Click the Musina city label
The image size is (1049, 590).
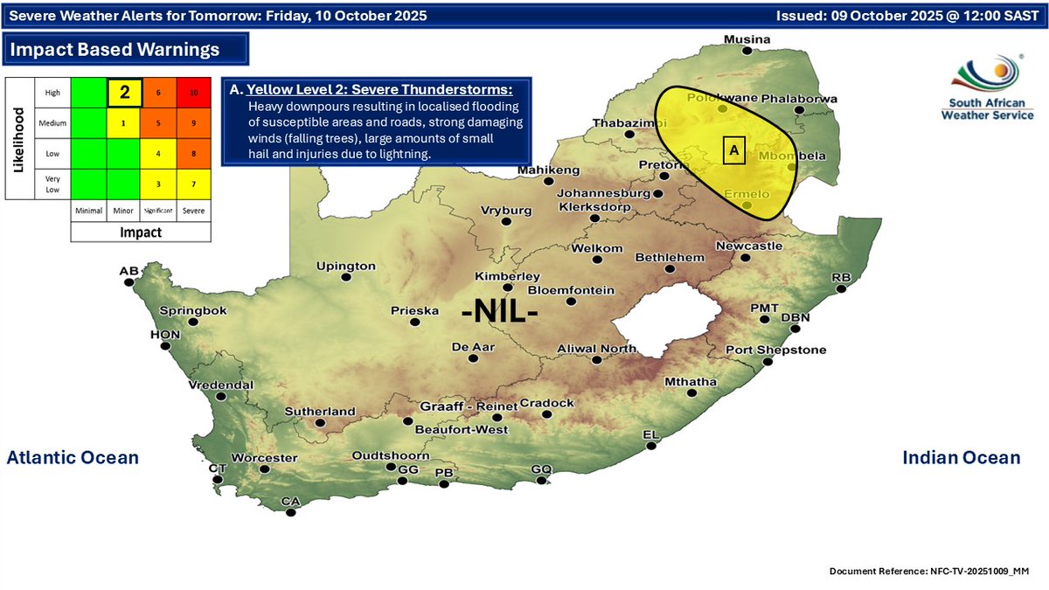[x=747, y=40]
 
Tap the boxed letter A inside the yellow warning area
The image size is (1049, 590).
[x=733, y=151]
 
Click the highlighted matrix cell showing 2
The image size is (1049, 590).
[x=124, y=92]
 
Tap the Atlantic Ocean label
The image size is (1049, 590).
[x=73, y=457]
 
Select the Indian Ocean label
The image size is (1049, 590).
[x=961, y=457]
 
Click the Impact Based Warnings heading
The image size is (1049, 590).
[x=115, y=50]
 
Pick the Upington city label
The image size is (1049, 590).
[x=345, y=266]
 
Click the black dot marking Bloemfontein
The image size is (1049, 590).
[x=571, y=302]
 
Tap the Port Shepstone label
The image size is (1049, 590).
[x=775, y=350]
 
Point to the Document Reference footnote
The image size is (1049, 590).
[x=929, y=571]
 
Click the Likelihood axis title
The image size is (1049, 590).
[x=17, y=137]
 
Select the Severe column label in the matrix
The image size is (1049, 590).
[x=192, y=211]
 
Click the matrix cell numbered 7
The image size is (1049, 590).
[x=192, y=184]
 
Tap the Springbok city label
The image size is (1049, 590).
[x=193, y=310]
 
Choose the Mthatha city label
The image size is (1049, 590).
[x=691, y=382]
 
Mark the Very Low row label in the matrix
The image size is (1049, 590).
[x=52, y=184]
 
